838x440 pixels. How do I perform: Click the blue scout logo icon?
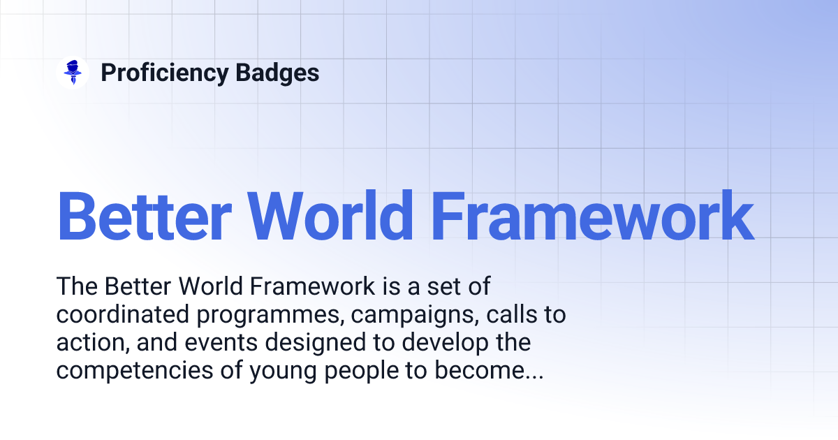[x=72, y=73]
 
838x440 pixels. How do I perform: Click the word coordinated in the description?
[x=120, y=315]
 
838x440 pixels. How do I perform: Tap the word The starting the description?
[x=77, y=287]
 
